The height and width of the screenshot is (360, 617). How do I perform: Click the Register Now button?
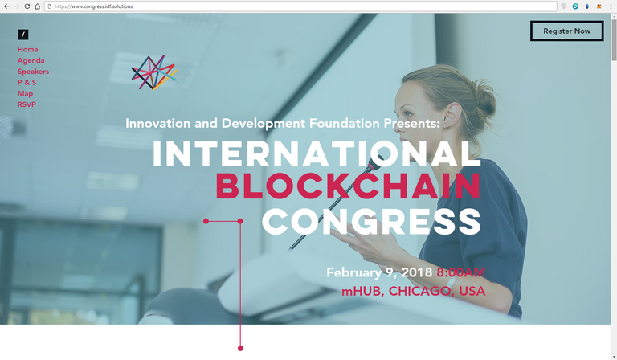tap(566, 31)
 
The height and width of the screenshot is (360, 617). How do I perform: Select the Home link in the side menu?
tap(28, 49)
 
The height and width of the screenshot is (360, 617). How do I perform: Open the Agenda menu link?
tap(31, 60)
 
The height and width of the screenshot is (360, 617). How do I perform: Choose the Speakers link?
tap(34, 72)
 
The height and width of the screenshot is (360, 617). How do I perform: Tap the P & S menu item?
tap(27, 82)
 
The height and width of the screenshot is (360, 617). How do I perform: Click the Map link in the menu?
tap(25, 94)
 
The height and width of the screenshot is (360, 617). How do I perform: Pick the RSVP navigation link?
tap(27, 104)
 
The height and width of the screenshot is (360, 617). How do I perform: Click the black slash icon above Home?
tap(22, 35)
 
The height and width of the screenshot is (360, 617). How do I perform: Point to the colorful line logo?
tap(154, 72)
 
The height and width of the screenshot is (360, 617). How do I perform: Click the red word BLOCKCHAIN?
tap(348, 186)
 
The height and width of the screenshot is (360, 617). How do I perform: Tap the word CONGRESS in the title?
tap(371, 222)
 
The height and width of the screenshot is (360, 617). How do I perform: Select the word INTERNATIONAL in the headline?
tap(317, 153)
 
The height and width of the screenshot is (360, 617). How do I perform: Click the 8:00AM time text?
tap(461, 272)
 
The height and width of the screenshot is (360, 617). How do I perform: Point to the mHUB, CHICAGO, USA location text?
tap(413, 291)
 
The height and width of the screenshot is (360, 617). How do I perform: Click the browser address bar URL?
tap(94, 6)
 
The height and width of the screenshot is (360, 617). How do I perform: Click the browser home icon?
tap(38, 6)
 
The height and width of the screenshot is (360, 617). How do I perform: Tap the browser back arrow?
tap(6, 6)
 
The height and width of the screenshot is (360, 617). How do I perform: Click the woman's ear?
tap(452, 112)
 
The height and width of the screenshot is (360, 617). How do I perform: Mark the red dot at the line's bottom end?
tap(240, 348)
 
